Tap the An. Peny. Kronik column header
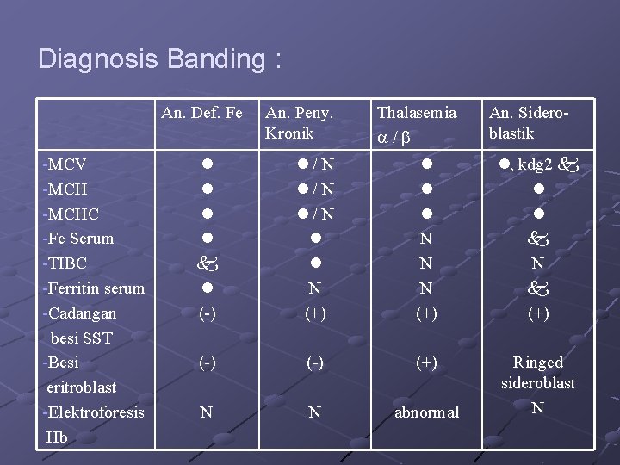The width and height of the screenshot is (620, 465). point(299,122)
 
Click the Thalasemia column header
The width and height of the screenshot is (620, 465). point(418,112)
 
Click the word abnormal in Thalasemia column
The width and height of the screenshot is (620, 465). point(426,412)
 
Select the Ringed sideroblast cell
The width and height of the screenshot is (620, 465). point(538,372)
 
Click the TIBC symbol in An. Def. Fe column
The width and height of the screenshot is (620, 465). point(207,263)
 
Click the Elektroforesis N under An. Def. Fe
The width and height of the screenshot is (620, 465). point(207,412)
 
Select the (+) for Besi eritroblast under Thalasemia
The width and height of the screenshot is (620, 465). point(425,363)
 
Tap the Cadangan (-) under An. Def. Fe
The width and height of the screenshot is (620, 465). point(207,313)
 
